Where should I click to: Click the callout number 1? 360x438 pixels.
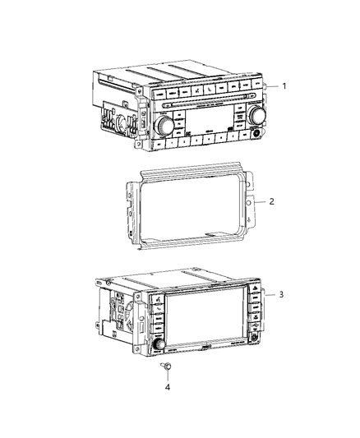tap(284, 85)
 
